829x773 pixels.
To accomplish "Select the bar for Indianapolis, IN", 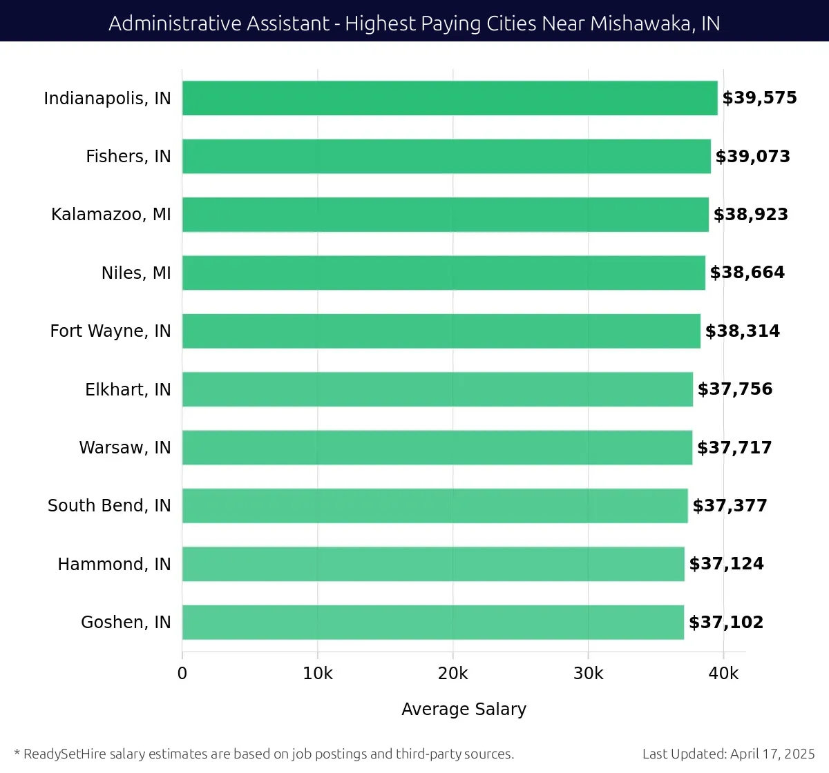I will (449, 98).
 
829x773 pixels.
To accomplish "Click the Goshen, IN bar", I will (432, 622).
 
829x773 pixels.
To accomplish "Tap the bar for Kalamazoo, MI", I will (445, 215).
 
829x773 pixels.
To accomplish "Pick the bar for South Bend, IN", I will (435, 506).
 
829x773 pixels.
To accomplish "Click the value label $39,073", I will (752, 157).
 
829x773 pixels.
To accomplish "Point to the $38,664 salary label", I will (747, 273).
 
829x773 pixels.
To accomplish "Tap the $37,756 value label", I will (734, 389).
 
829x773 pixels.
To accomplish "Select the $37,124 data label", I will (726, 564).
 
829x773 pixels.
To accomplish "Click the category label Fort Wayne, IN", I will (111, 331).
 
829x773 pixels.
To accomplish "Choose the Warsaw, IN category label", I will (125, 448).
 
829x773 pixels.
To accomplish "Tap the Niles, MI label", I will (136, 273).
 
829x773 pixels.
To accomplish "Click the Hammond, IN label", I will (114, 565).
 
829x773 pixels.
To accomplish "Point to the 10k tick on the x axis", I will (317, 674).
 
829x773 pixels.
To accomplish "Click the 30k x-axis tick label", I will (588, 674).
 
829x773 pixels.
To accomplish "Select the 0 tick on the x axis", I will (182, 674).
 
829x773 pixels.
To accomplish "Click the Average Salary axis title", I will (464, 709).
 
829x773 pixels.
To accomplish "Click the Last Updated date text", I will (728, 754).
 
